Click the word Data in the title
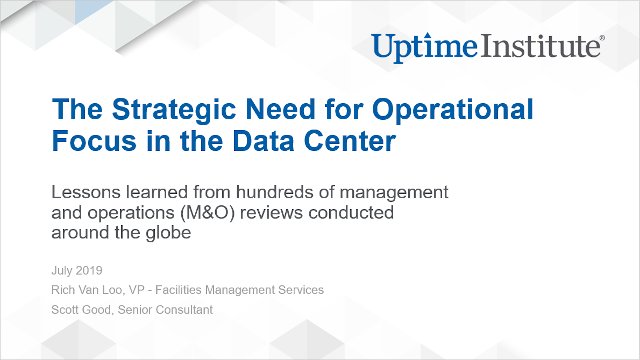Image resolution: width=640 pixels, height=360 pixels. tap(247, 140)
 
